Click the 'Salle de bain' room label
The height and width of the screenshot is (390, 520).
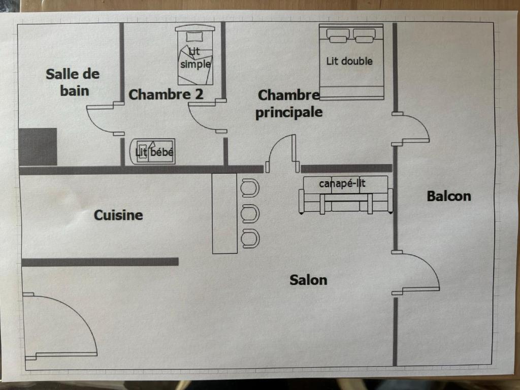[x=73, y=82]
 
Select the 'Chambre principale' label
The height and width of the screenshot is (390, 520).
[x=288, y=104]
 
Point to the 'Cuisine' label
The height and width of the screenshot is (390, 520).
[x=118, y=215]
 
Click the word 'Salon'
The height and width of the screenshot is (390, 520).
[x=308, y=280]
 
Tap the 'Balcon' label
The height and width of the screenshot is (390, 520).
[x=449, y=196]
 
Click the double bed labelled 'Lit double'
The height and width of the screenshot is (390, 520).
[x=351, y=61]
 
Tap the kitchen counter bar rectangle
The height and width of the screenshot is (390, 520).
[x=224, y=213]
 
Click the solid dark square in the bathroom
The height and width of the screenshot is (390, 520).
[x=38, y=147]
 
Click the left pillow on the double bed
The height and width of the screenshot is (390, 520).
[x=338, y=35]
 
